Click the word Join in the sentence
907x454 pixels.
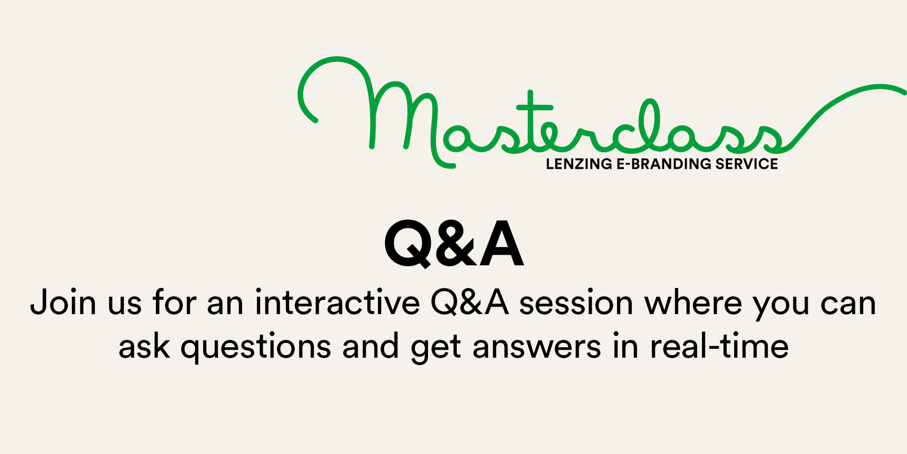pyautogui.click(x=63, y=303)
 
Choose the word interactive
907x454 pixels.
pyautogui.click(x=337, y=303)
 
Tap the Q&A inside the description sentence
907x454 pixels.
pyautogui.click(x=470, y=303)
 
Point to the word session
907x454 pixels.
pyautogui.click(x=576, y=303)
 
